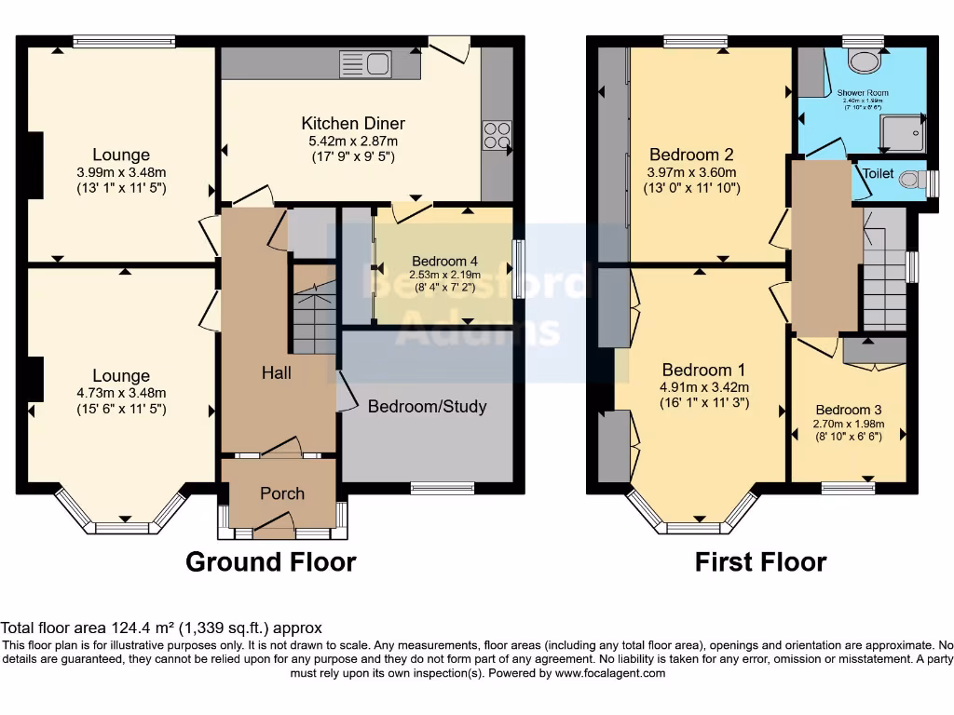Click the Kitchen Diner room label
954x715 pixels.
352,124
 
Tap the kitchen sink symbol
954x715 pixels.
365,64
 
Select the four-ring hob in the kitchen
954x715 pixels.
497,137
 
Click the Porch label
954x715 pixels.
281,493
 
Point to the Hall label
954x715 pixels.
276,373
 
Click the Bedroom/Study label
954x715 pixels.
427,407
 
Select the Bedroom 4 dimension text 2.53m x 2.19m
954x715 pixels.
443,275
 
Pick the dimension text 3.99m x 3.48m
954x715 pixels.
121,172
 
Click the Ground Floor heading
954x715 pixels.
270,562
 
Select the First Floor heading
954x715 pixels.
760,562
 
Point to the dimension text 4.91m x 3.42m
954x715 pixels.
704,387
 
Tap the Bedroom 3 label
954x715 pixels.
848,410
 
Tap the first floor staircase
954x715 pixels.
882,279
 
